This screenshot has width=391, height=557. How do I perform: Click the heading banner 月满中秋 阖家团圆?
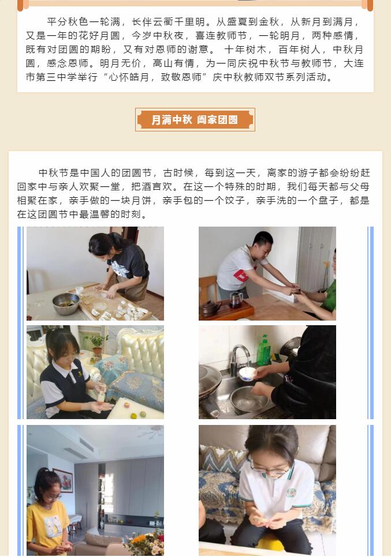coord(195,120)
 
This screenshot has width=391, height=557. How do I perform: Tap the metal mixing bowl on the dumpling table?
coord(66,303)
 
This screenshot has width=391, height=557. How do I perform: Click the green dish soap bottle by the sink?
coord(263,350)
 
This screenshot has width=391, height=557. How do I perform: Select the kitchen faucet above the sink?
coord(239,357)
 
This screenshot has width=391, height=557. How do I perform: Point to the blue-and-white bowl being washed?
coord(247,374)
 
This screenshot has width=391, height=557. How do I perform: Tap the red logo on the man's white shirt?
coord(241,276)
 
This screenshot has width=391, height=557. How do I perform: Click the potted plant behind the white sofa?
coord(96,343)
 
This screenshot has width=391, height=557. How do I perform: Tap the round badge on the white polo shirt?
coord(292,492)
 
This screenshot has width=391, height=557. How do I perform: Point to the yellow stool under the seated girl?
coord(271,543)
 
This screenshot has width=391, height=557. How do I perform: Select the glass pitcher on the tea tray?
coord(236,300)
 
